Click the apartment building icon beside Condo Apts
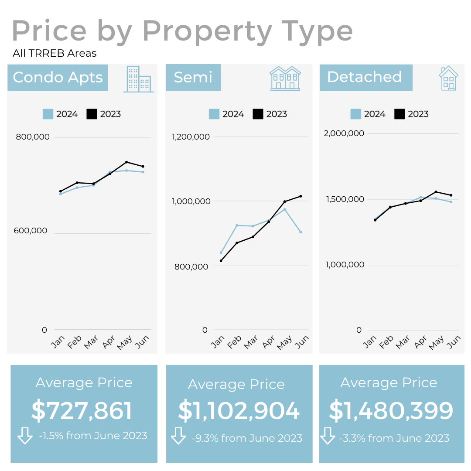click(x=139, y=79)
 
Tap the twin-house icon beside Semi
click(x=285, y=78)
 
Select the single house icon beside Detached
click(x=448, y=78)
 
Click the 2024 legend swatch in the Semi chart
click(x=214, y=114)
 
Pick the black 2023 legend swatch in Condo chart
click(x=92, y=114)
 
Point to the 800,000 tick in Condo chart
click(x=33, y=137)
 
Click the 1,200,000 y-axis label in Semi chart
click(x=191, y=137)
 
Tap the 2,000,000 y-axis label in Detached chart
click(x=344, y=133)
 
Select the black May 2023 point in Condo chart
click(x=126, y=162)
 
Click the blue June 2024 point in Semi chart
click(x=300, y=232)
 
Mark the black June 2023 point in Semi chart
click(x=300, y=196)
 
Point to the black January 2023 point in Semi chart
click(x=221, y=261)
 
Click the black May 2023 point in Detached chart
click(x=436, y=192)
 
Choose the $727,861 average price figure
click(x=82, y=411)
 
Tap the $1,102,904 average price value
click(x=239, y=411)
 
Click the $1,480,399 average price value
click(x=391, y=411)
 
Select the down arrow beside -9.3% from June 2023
click(x=178, y=436)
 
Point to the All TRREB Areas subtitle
click(x=55, y=54)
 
